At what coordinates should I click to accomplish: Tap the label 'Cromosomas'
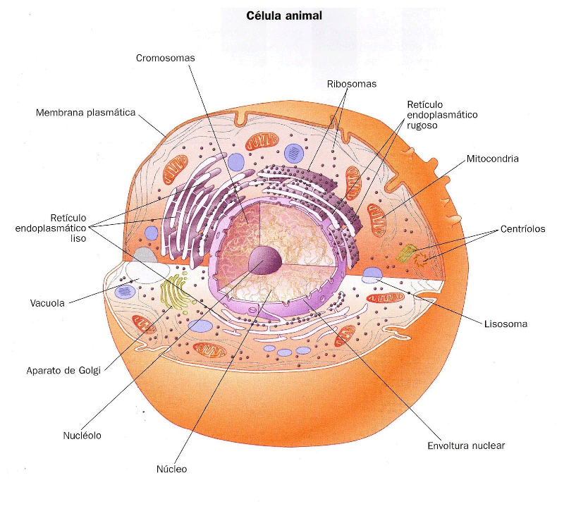(165, 58)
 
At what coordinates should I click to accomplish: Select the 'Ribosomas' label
(352, 83)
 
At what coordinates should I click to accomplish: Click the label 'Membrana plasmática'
(85, 112)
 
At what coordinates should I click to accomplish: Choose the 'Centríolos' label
(523, 229)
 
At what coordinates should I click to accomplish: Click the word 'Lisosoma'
(506, 324)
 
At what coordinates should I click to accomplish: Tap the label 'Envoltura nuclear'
(467, 445)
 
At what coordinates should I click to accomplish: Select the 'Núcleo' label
(172, 469)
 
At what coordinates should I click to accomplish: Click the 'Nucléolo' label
(82, 436)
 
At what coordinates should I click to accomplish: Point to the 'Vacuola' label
(47, 303)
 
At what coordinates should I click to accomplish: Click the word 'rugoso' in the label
(422, 125)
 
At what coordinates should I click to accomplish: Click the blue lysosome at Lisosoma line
(373, 274)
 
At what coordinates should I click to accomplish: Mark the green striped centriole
(407, 252)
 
